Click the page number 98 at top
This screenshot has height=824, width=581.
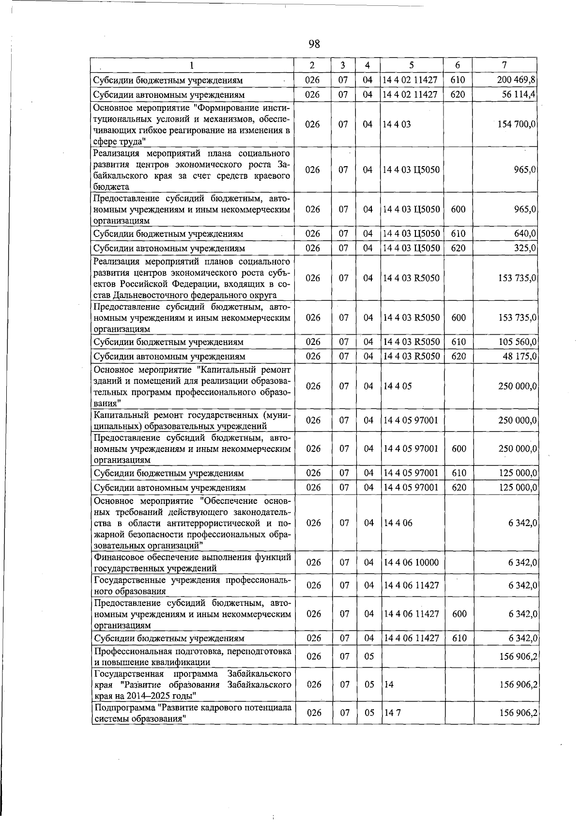click(x=314, y=45)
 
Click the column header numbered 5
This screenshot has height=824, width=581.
click(x=411, y=65)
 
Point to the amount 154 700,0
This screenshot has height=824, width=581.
click(x=516, y=124)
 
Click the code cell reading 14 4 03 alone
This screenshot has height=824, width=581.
click(x=397, y=124)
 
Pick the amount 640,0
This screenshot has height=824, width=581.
click(x=524, y=233)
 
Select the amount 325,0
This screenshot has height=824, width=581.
click(x=524, y=248)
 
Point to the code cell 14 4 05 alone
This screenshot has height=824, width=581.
click(x=397, y=387)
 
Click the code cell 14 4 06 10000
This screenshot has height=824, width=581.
click(x=410, y=562)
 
